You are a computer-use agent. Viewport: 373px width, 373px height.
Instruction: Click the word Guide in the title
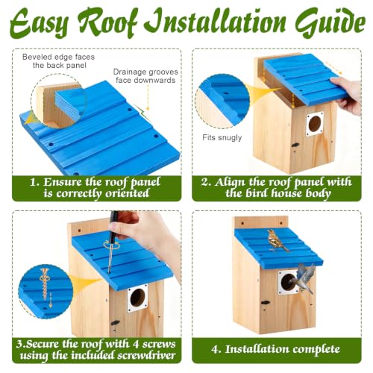click(330, 23)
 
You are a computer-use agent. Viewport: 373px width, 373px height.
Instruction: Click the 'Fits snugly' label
click(222, 137)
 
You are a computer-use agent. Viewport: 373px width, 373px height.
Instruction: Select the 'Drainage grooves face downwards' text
click(145, 76)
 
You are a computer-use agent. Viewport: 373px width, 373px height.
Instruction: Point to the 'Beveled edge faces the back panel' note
click(59, 61)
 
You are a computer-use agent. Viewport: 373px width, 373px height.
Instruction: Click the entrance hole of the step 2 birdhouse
click(315, 124)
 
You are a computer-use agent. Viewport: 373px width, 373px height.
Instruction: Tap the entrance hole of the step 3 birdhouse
click(137, 298)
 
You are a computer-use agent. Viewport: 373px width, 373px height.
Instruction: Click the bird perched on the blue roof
click(277, 240)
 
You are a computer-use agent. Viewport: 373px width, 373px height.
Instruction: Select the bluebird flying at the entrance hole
click(304, 278)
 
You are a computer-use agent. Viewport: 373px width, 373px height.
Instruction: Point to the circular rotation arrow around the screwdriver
click(112, 245)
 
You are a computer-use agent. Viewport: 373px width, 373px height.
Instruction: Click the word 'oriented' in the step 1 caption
click(127, 193)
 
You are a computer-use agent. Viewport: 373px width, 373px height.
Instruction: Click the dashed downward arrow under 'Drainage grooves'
click(148, 97)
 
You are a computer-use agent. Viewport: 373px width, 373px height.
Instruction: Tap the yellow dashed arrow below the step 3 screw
click(51, 300)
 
